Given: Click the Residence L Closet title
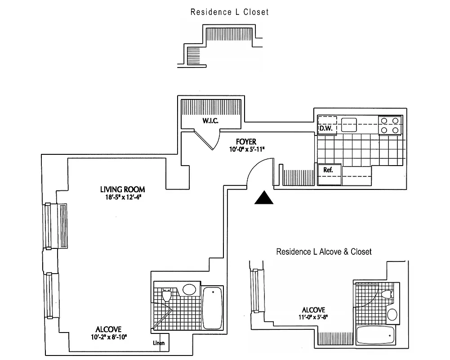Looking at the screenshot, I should tap(229, 12).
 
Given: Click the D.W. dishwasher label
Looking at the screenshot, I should tap(325, 129).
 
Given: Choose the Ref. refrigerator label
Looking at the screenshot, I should tap(328, 171).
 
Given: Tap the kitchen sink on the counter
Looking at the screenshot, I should tap(349, 124).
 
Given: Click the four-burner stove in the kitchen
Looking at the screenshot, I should tap(390, 125).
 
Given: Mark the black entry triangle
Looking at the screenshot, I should tap(264, 198).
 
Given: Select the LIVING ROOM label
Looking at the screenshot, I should tap(122, 189).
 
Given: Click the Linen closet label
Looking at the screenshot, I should tap(159, 343).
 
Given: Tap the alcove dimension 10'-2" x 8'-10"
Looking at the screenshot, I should tap(108, 337).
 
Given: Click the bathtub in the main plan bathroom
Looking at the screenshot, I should tap(212, 308).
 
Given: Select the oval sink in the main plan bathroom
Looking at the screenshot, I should tap(189, 289).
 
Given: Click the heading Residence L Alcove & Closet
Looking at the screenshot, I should tap(324, 252).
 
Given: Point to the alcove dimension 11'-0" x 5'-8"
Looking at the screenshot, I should tap(313, 317).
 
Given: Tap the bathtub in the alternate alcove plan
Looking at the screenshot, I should tap(375, 335).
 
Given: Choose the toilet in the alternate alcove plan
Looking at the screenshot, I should tap(388, 295).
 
